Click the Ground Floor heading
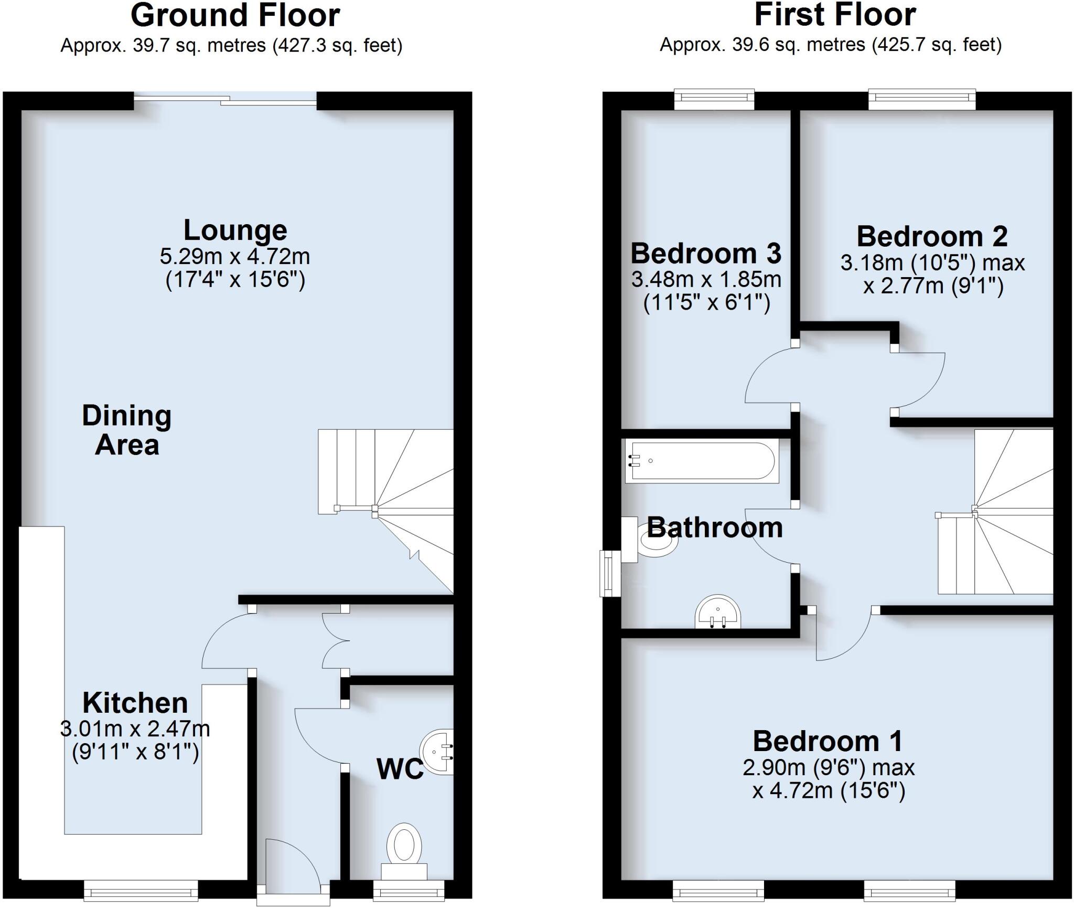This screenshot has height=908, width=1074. (235, 16)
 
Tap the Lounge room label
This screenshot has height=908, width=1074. (235, 230)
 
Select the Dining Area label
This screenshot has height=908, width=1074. (127, 430)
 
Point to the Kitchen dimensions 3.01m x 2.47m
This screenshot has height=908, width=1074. (135, 729)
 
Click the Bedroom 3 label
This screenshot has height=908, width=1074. (706, 254)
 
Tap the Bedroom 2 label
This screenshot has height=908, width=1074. (932, 237)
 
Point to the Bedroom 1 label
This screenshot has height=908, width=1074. (828, 742)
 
